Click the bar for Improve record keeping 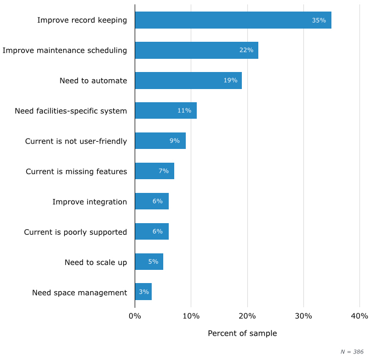pyautogui.click(x=232, y=20)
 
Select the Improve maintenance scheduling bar pyautogui.click(x=196, y=51)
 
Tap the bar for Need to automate pyautogui.click(x=188, y=80)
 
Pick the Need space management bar pyautogui.click(x=143, y=292)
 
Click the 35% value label pyautogui.click(x=319, y=20)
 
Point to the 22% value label pyautogui.click(x=246, y=51)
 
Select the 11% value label pyautogui.click(x=184, y=110)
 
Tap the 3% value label pyautogui.click(x=144, y=292)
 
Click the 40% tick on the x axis pyautogui.click(x=359, y=316)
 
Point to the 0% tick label pyautogui.click(x=135, y=316)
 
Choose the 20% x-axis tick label pyautogui.click(x=247, y=316)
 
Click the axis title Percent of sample pyautogui.click(x=242, y=334)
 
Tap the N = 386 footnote pyautogui.click(x=352, y=352)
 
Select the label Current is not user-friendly pyautogui.click(x=76, y=141)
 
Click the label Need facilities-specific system pyautogui.click(x=71, y=111)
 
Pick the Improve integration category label pyautogui.click(x=90, y=202)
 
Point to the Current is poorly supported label pyautogui.click(x=75, y=232)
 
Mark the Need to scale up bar pyautogui.click(x=148, y=262)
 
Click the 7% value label pyautogui.click(x=163, y=171)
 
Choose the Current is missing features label pyautogui.click(x=76, y=171)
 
